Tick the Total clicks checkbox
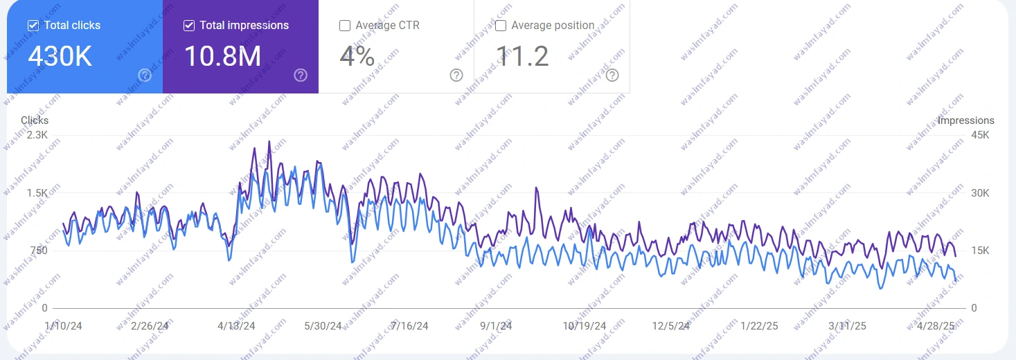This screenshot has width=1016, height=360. [x=33, y=26]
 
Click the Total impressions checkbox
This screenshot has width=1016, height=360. [x=189, y=26]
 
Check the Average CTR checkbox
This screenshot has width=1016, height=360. [x=345, y=26]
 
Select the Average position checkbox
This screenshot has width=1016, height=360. [x=501, y=26]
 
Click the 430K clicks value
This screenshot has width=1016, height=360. [x=60, y=57]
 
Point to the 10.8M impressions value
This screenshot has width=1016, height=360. [x=222, y=57]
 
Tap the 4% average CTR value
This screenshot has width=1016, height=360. [x=357, y=57]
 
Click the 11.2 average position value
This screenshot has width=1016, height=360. [x=522, y=57]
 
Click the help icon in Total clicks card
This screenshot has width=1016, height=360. [x=145, y=75]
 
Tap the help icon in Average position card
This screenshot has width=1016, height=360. [x=612, y=75]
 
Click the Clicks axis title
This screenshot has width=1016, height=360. [x=35, y=120]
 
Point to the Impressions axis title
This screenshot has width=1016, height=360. [x=965, y=120]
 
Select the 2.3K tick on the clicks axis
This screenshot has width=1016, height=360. [x=37, y=135]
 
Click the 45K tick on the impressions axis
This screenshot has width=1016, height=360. [x=980, y=135]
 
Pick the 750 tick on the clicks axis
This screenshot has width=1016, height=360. [x=38, y=251]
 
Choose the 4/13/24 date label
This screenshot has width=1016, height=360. [x=236, y=325]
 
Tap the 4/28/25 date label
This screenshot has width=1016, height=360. [x=935, y=325]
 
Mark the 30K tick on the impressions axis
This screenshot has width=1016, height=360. [x=980, y=193]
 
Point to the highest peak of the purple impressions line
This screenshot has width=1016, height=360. [x=269, y=141]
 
